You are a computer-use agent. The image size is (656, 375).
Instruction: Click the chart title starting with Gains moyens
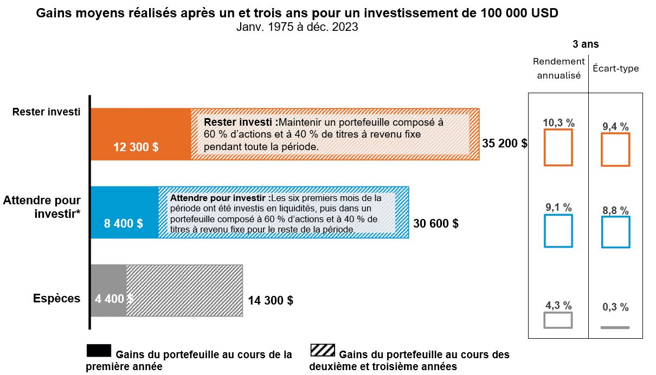pyautogui.click(x=297, y=14)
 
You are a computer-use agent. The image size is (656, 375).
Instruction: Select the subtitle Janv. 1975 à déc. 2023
pyautogui.click(x=297, y=27)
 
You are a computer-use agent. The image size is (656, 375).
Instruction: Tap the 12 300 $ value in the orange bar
pyautogui.click(x=136, y=147)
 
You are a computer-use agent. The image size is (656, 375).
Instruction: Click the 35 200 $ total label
pyautogui.click(x=505, y=144)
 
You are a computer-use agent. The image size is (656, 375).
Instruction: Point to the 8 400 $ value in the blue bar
pyautogui.click(x=124, y=223)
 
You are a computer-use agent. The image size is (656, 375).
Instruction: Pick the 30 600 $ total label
pyautogui.click(x=436, y=223)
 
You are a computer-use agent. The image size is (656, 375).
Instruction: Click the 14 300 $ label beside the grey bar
pyautogui.click(x=271, y=300)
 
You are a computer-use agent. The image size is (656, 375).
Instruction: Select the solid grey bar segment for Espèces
pyautogui.click(x=108, y=291)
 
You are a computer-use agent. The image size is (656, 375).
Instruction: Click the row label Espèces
pyautogui.click(x=56, y=299)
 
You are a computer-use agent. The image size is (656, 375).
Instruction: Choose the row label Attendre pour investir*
pyautogui.click(x=42, y=206)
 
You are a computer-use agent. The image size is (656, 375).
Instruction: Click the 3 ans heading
pyautogui.click(x=586, y=44)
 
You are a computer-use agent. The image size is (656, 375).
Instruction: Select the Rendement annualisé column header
pyautogui.click(x=558, y=68)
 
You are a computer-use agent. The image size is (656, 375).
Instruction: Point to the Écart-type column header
pyautogui.click(x=615, y=68)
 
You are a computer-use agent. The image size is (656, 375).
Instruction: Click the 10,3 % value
pyautogui.click(x=558, y=123)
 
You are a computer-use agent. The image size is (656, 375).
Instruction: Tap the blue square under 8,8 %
pyautogui.click(x=615, y=232)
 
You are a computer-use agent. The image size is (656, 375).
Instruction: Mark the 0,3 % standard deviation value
pyautogui.click(x=615, y=307)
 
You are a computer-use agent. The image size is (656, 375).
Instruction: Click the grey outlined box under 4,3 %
pyautogui.click(x=558, y=320)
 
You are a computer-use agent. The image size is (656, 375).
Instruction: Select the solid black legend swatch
pyautogui.click(x=99, y=351)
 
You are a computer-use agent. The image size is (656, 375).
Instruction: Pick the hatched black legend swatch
pyautogui.click(x=323, y=351)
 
